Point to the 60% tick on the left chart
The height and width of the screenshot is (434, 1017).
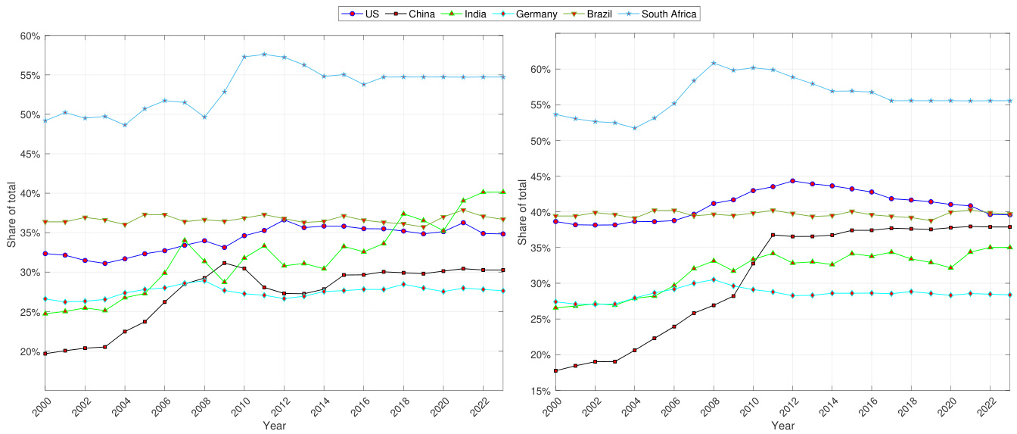(30, 36)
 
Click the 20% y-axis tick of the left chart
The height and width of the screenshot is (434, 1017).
(30, 351)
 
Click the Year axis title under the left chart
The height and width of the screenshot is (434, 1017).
(274, 426)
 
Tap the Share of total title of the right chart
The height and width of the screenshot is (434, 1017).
(521, 214)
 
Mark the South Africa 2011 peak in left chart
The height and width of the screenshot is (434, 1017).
(264, 55)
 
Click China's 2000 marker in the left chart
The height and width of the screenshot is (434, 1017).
(45, 354)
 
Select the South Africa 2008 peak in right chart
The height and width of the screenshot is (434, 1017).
(714, 63)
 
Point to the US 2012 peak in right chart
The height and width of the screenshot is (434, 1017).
(792, 181)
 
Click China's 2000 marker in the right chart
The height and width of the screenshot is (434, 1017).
(556, 370)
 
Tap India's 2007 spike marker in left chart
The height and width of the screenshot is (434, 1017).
(185, 241)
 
